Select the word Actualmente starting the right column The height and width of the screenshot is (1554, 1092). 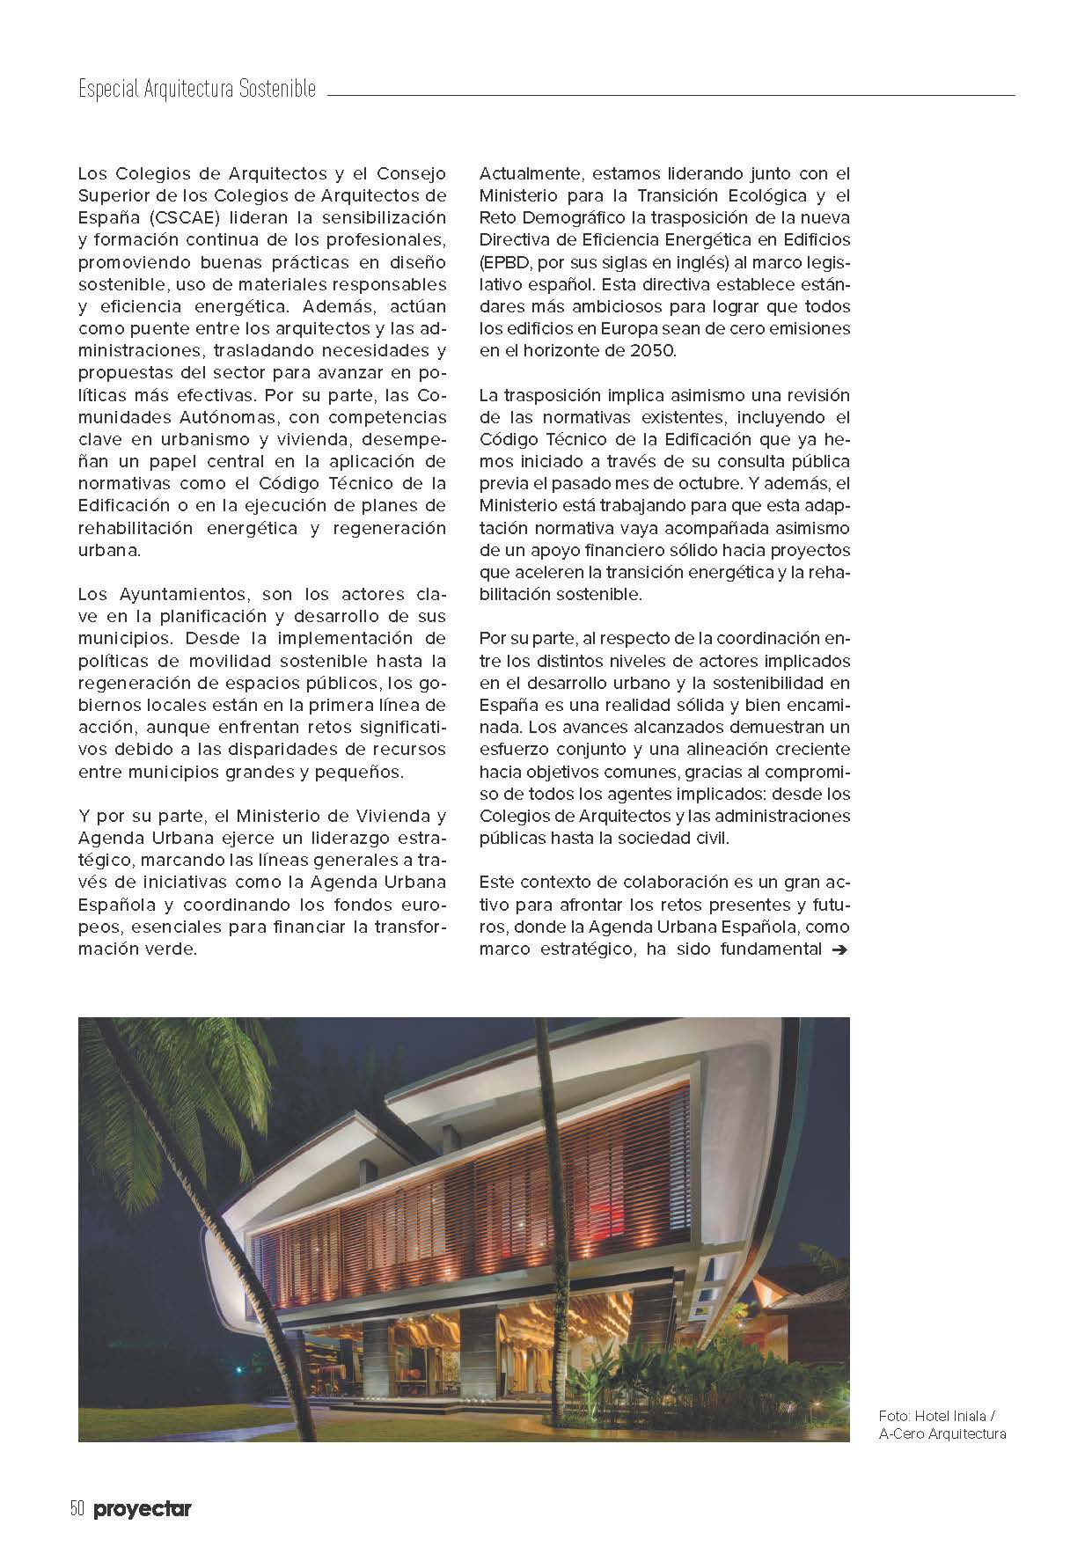[529, 173]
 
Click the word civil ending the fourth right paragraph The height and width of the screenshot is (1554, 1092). [711, 838]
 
